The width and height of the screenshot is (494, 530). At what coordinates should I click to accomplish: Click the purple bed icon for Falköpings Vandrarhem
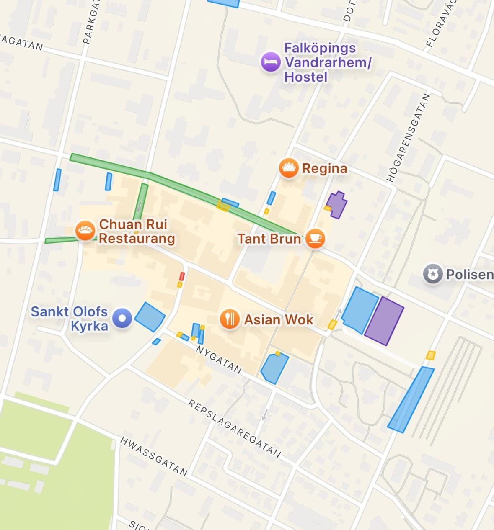click(271, 62)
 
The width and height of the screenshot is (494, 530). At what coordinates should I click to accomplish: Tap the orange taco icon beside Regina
click(288, 168)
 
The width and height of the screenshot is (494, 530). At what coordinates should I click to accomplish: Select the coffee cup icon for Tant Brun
click(315, 239)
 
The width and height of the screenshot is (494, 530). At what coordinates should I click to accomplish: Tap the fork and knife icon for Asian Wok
click(229, 320)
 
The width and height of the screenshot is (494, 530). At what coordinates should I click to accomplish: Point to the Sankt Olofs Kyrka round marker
click(122, 319)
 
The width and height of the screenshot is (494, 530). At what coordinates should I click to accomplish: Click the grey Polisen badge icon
click(432, 275)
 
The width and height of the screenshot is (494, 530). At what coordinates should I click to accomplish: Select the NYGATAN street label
click(219, 360)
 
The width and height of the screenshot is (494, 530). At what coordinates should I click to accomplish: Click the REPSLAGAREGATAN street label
click(234, 428)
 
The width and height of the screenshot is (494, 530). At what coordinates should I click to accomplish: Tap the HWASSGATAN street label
click(154, 456)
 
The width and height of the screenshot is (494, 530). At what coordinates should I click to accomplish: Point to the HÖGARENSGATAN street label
click(408, 138)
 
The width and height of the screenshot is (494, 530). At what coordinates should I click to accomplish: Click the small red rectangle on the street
click(182, 276)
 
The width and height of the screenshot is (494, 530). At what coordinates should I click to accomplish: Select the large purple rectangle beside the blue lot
click(384, 321)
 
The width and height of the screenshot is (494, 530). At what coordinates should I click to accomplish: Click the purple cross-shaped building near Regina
click(336, 205)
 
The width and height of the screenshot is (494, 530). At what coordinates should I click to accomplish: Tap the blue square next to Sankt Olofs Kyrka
click(150, 317)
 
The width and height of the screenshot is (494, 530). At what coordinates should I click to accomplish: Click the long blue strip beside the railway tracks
click(411, 399)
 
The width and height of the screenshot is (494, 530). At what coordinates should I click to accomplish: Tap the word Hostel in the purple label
click(305, 77)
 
